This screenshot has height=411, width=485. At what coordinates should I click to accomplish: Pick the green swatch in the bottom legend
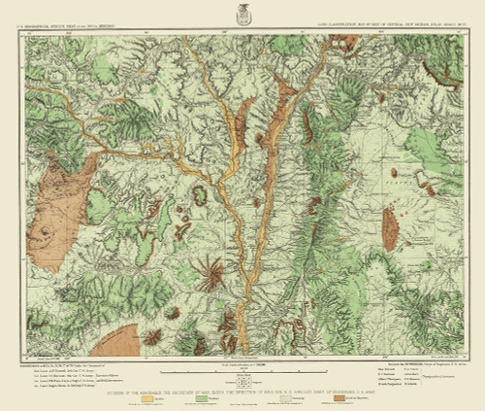[x=206, y=398]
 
